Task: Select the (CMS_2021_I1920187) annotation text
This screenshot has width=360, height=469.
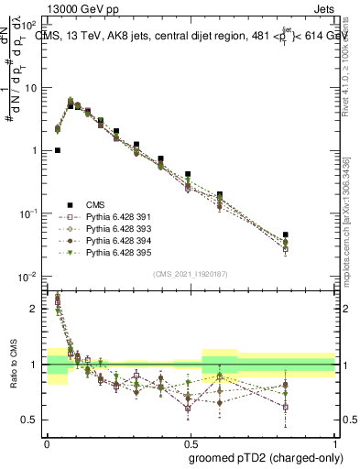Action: click(x=190, y=272)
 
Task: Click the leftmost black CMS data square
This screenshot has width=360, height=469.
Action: click(x=58, y=150)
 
